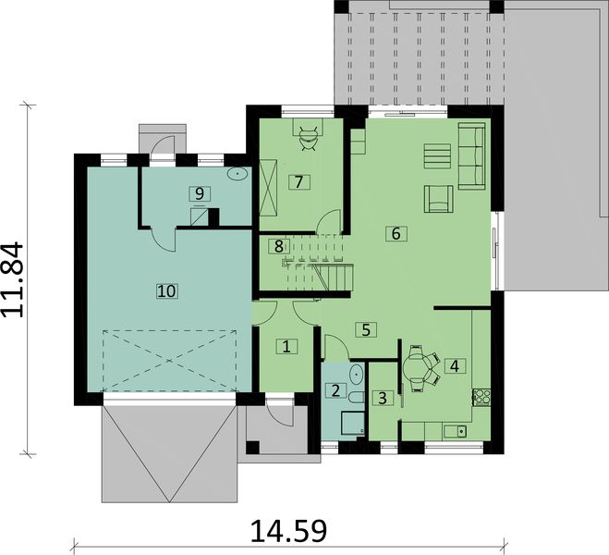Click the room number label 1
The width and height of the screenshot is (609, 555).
(x=286, y=347)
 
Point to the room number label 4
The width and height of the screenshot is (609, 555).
(x=453, y=364)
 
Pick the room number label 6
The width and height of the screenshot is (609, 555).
(x=396, y=234)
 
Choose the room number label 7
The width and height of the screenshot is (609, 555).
(x=298, y=180)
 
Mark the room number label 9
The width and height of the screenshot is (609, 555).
(x=195, y=192)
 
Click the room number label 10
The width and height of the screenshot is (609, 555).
(x=166, y=290)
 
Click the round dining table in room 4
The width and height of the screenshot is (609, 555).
(x=421, y=366)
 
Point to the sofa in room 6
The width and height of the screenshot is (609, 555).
(x=471, y=154)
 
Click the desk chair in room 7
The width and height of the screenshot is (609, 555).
(x=308, y=134)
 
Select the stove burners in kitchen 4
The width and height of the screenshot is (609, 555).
(x=481, y=397)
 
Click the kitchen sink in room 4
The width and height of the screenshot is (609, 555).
(x=454, y=430)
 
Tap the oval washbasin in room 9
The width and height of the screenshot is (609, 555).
(x=239, y=173)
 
